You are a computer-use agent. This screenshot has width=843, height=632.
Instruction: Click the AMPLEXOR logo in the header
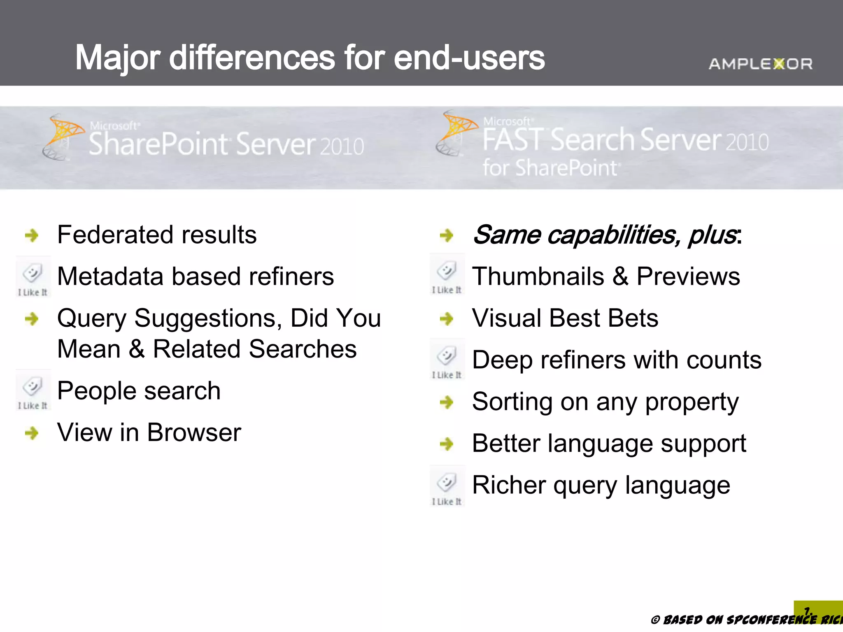(x=760, y=64)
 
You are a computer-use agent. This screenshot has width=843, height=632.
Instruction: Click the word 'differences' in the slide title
(x=252, y=58)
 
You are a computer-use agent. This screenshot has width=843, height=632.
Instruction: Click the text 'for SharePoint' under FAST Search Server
(x=550, y=168)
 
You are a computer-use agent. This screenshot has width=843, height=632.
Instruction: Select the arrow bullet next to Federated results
(x=32, y=235)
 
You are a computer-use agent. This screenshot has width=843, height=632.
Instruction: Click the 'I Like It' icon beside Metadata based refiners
(x=33, y=276)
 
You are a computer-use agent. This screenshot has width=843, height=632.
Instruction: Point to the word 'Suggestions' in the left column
(x=208, y=318)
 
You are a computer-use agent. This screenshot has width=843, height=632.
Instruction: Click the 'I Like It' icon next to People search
(x=33, y=390)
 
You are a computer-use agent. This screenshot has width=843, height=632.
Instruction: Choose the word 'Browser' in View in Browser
(x=194, y=433)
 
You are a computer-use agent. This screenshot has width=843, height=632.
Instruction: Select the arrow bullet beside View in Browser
(x=32, y=433)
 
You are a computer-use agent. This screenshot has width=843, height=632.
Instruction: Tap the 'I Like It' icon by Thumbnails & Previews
(x=447, y=274)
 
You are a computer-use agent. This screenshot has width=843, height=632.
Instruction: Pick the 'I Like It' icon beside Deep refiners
(x=447, y=359)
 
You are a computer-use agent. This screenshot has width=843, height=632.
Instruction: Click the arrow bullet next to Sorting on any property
(x=447, y=402)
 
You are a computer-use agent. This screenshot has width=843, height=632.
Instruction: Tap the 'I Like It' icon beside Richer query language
(x=447, y=486)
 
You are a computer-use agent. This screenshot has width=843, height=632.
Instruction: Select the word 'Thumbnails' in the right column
(x=538, y=276)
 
